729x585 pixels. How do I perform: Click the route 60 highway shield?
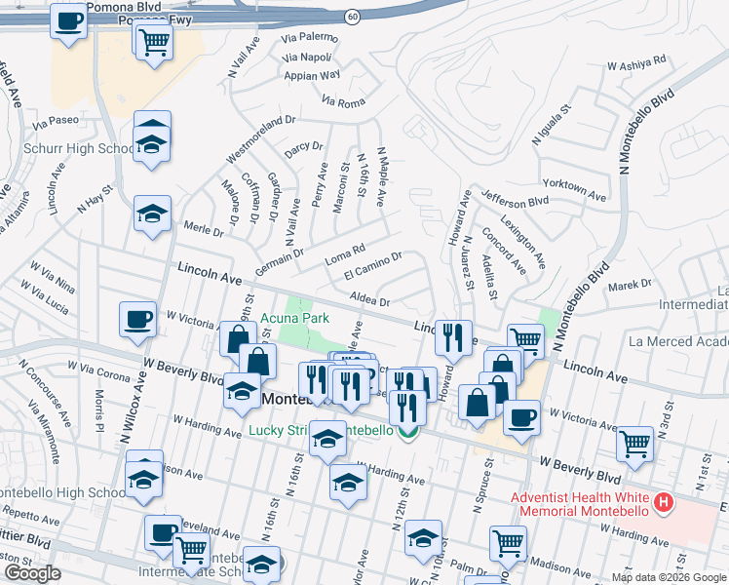point(352,17)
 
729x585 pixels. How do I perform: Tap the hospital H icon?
point(664,503)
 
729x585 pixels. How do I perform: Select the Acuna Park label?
point(294,318)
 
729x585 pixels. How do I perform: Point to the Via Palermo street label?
point(309,38)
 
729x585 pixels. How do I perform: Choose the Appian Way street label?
point(312,74)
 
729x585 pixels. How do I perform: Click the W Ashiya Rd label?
point(635,63)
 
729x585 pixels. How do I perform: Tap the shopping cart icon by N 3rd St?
point(635,445)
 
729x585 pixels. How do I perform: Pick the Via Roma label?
point(343,100)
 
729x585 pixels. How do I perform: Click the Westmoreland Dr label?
point(260,138)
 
